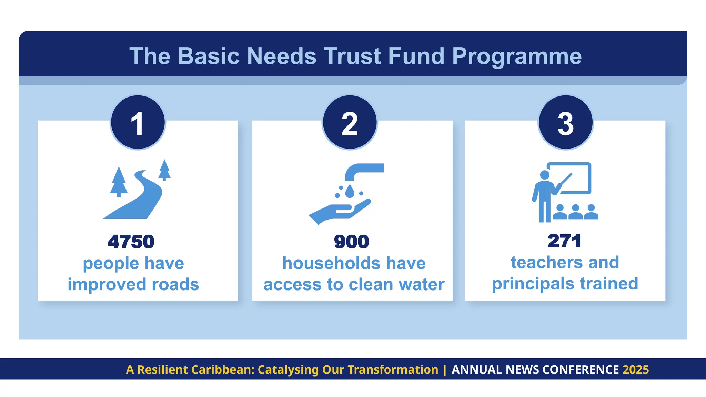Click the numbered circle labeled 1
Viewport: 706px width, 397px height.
138,123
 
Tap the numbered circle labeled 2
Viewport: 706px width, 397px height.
350,123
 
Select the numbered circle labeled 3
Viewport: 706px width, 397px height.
565,123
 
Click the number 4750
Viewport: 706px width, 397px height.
131,242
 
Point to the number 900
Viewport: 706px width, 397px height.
351,242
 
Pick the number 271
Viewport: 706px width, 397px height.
564,241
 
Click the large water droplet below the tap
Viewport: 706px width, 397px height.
350,191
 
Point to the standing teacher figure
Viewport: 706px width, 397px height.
544,196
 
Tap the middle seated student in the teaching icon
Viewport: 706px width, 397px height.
575,212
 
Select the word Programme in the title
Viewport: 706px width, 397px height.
516,57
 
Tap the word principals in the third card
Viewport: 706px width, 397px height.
533,284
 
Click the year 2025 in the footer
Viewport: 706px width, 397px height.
636,369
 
